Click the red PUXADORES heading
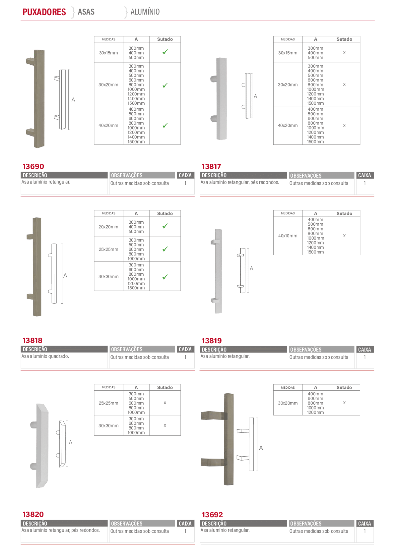pos(44,12)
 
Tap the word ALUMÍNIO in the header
pos(145,12)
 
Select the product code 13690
pos(33,166)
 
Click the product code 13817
pos(211,166)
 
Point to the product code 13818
pos(33,340)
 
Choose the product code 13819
pos(212,341)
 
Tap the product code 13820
pos(33,514)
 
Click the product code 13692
pos(212,515)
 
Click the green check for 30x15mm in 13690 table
pos(165,52)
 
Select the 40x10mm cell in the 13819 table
pos(288,236)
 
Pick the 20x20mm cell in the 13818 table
pos(108,227)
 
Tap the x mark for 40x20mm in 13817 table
pos(344,125)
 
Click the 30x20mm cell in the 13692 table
pos(288,403)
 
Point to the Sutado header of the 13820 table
pos(165,387)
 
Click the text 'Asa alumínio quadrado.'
pos(45,356)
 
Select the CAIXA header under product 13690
pos(185,175)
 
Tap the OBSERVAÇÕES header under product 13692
pos(306,524)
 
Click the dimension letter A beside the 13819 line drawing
pos(251,268)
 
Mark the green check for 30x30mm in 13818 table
pos(165,277)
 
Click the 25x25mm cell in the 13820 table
pos(108,403)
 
